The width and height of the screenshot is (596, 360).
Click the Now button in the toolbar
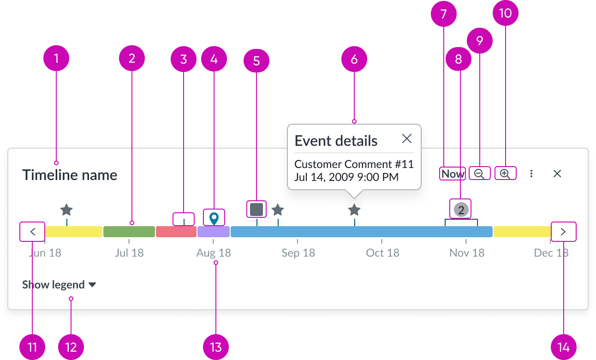tap(453, 174)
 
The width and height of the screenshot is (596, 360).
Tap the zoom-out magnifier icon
tap(479, 174)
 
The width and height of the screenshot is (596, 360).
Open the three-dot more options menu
tap(531, 174)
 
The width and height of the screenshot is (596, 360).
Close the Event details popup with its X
tap(406, 138)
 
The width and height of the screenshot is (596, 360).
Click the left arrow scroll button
tap(33, 232)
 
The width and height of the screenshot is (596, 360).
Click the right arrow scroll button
tap(563, 232)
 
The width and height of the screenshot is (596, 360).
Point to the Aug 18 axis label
tap(213, 253)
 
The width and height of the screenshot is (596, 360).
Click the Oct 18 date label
tap(382, 253)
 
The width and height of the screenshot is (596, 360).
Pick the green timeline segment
tap(129, 232)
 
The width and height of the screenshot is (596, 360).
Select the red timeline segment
tap(176, 232)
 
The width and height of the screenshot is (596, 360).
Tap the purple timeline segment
tap(214, 232)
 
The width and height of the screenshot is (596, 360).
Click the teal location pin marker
tap(214, 218)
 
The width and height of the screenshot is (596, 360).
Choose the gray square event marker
tap(256, 209)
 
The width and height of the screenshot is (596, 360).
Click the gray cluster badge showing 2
tap(461, 210)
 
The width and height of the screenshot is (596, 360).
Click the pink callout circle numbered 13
tap(216, 347)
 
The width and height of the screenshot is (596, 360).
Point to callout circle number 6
tap(354, 59)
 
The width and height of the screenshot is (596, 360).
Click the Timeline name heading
tap(70, 175)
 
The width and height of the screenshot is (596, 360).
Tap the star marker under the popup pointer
tap(354, 210)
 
